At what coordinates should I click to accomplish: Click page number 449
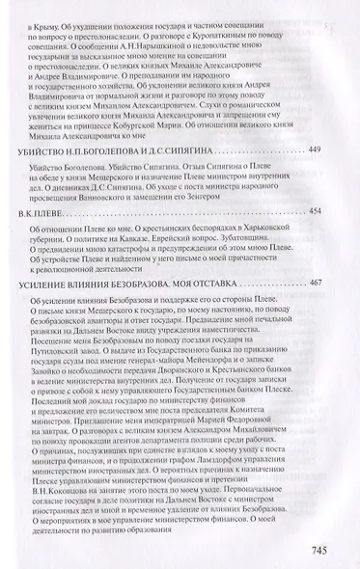pos(325,149)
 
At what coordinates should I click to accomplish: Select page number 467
pos(325,283)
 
